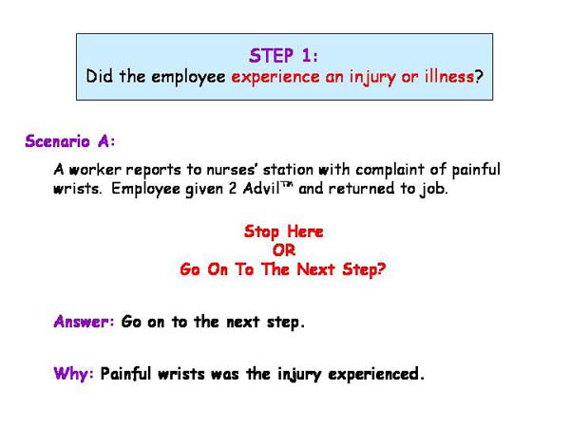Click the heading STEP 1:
[285, 54]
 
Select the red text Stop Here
[284, 231]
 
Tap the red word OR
[284, 250]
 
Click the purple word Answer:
[85, 321]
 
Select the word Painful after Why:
[128, 374]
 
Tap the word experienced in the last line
[374, 374]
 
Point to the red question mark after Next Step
[383, 269]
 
